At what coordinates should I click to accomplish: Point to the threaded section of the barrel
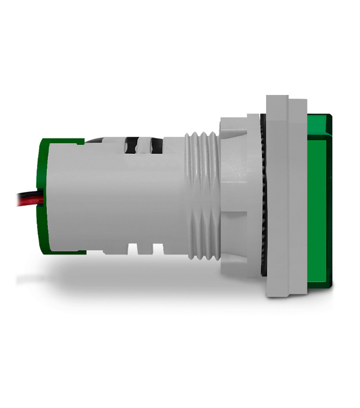point(202,197)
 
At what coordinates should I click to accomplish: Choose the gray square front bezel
point(286,197)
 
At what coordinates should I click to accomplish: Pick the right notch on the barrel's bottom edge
point(156,248)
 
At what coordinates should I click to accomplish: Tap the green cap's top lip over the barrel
point(62,141)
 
